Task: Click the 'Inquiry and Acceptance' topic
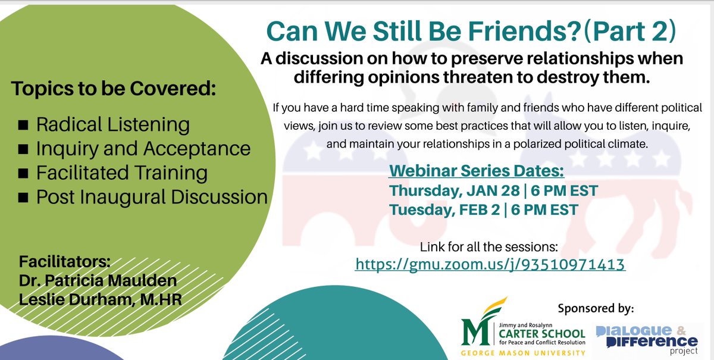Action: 143,149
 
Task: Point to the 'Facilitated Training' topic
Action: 121,173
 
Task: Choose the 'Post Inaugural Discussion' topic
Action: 152,197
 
